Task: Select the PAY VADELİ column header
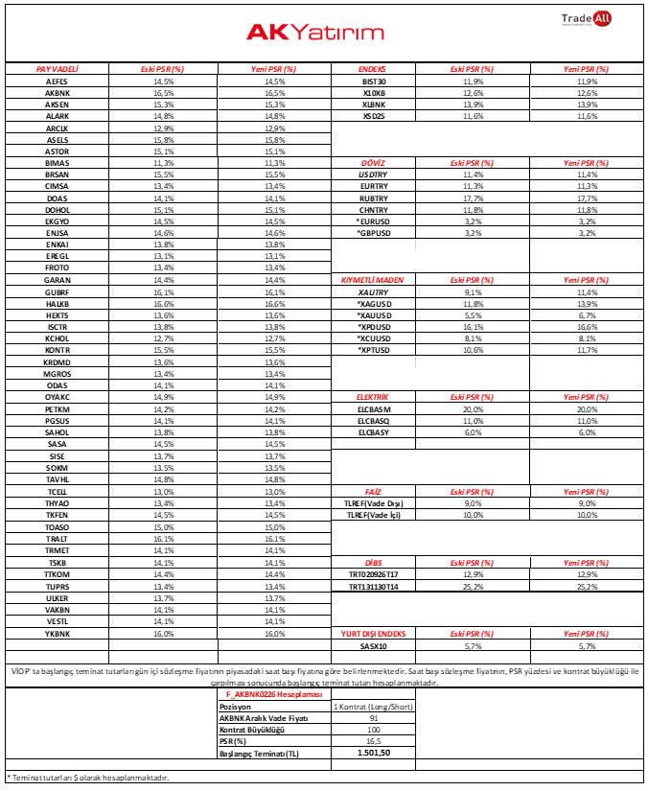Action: (x=57, y=70)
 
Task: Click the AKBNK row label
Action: (x=57, y=93)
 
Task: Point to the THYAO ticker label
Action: (x=57, y=503)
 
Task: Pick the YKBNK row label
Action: (x=57, y=634)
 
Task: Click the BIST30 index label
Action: (x=374, y=81)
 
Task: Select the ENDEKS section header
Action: (x=372, y=70)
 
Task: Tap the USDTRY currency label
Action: (x=374, y=175)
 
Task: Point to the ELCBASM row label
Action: (x=374, y=409)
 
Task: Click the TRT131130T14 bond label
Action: (x=374, y=586)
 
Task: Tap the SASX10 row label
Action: (x=374, y=647)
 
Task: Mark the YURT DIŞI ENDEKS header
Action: (x=375, y=634)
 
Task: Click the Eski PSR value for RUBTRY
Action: (x=472, y=198)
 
